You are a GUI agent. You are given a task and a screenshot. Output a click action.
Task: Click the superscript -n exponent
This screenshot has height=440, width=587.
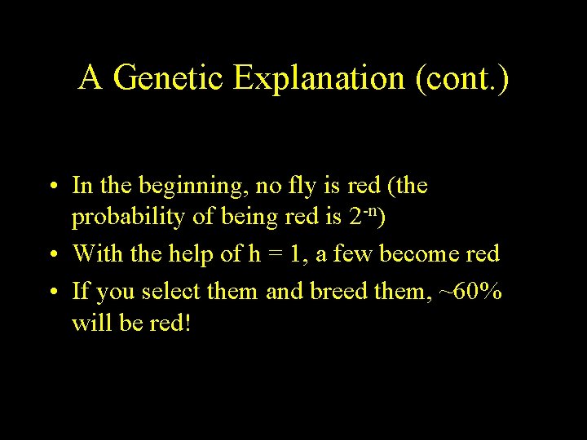[x=368, y=213]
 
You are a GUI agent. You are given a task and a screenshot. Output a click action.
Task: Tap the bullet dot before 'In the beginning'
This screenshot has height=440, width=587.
[x=51, y=187]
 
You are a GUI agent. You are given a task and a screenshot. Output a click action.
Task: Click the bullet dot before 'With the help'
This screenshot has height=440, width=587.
[x=51, y=255]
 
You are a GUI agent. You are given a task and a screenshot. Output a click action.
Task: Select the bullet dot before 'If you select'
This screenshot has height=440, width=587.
[x=51, y=290]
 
